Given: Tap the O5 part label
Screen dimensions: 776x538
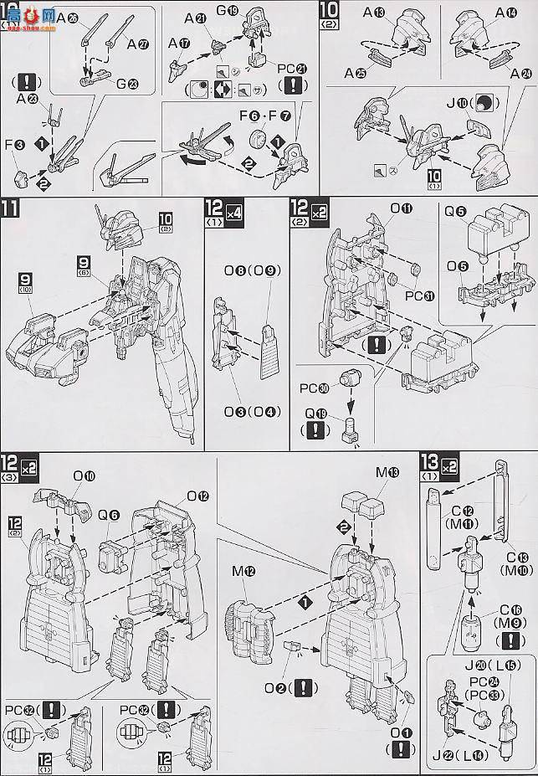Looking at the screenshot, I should pos(458,266).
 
